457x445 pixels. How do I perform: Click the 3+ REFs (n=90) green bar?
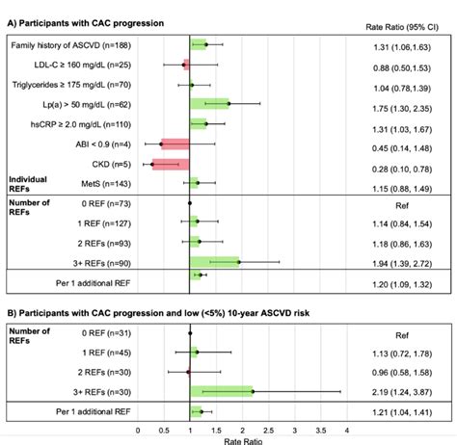214,261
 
